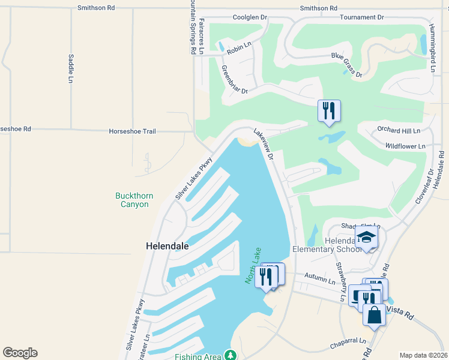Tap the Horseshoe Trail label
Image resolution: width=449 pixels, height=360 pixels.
click(x=132, y=131)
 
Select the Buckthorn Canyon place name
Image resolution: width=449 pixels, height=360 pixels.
click(x=132, y=200)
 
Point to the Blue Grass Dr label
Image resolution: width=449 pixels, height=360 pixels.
click(x=347, y=65)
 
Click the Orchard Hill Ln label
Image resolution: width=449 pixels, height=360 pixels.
click(x=399, y=130)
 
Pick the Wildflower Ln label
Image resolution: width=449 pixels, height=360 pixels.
click(x=405, y=146)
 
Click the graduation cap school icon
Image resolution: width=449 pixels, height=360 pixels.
click(x=367, y=238)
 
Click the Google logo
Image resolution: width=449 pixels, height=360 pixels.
click(x=20, y=353)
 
